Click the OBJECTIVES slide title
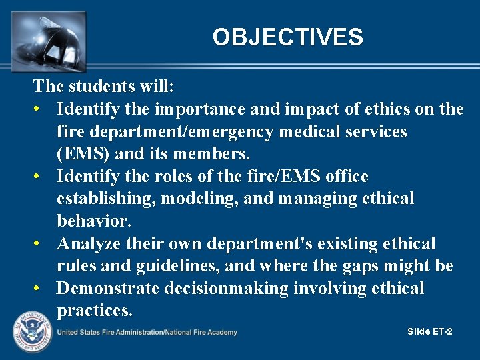click(x=287, y=37)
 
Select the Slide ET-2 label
click(x=429, y=331)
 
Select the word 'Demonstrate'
click(x=109, y=289)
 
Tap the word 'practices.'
click(x=95, y=311)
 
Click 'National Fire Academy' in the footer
click(x=201, y=332)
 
